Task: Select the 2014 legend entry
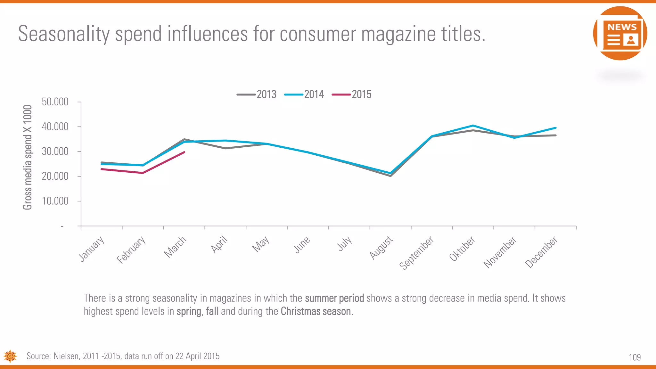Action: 304,94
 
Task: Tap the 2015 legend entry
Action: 352,94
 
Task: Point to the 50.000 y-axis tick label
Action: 55,102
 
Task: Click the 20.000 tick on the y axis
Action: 55,176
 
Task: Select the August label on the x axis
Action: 381,247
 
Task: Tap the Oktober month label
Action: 462,249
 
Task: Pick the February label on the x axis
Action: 131,250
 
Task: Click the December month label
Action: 541,252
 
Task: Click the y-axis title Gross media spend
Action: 28,157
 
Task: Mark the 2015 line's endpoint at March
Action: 184,152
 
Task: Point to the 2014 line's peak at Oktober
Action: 473,126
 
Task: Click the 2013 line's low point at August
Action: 391,176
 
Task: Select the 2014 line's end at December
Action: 555,128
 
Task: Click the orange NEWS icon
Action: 620,33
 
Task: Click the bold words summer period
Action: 334,298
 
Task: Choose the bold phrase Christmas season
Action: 316,311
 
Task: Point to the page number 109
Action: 635,357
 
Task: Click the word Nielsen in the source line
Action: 66,356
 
